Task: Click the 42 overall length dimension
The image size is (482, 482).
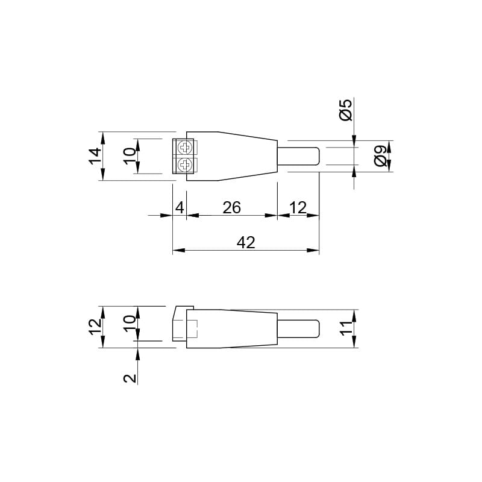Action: (246, 243)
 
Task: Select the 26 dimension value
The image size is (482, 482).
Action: (231, 208)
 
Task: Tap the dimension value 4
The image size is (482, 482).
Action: (180, 208)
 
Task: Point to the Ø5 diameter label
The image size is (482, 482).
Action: (345, 110)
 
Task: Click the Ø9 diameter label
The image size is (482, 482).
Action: (381, 156)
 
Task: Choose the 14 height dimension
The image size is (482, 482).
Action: (95, 156)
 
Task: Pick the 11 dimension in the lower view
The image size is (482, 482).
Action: (347, 328)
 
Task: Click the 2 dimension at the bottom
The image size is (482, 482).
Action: (130, 378)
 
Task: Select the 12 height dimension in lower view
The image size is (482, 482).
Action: (95, 327)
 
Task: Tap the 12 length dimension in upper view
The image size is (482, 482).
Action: (298, 208)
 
